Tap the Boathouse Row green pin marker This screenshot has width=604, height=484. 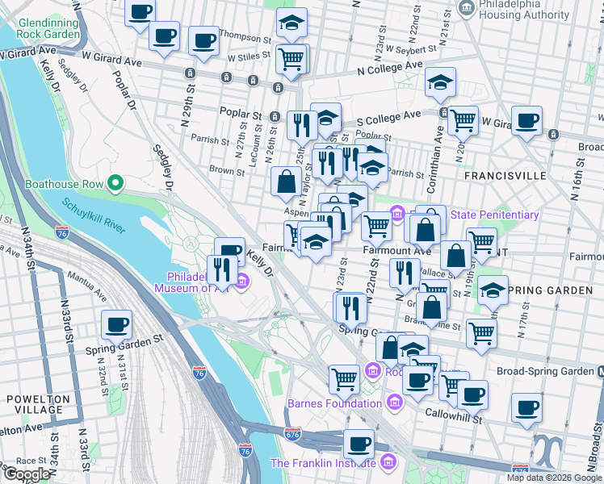pos(115,184)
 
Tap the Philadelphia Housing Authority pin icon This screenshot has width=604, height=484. pos(466,9)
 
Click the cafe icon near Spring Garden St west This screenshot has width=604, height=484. pos(116,325)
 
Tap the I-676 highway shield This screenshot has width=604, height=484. pos(292,434)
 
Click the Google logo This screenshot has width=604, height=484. pos(26,474)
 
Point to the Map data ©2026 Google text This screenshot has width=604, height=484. pos(553,478)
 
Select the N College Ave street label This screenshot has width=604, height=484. pos(390,70)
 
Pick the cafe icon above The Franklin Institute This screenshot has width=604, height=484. pos(358,443)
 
